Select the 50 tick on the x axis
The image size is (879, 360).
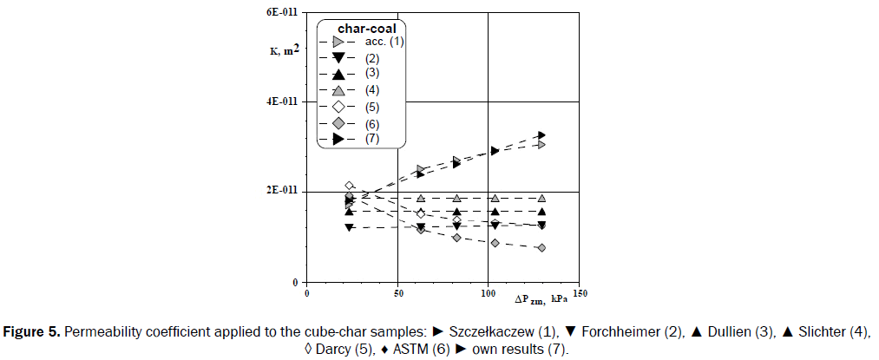[x=397, y=293]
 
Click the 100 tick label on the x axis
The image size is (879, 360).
[x=489, y=293]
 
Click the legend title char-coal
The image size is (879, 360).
[x=366, y=28]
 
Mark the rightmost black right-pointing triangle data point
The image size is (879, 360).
[x=541, y=135]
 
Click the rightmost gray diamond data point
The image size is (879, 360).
[x=541, y=248]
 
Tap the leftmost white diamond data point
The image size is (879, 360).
[x=349, y=186]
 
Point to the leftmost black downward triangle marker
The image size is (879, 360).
[x=349, y=227]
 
